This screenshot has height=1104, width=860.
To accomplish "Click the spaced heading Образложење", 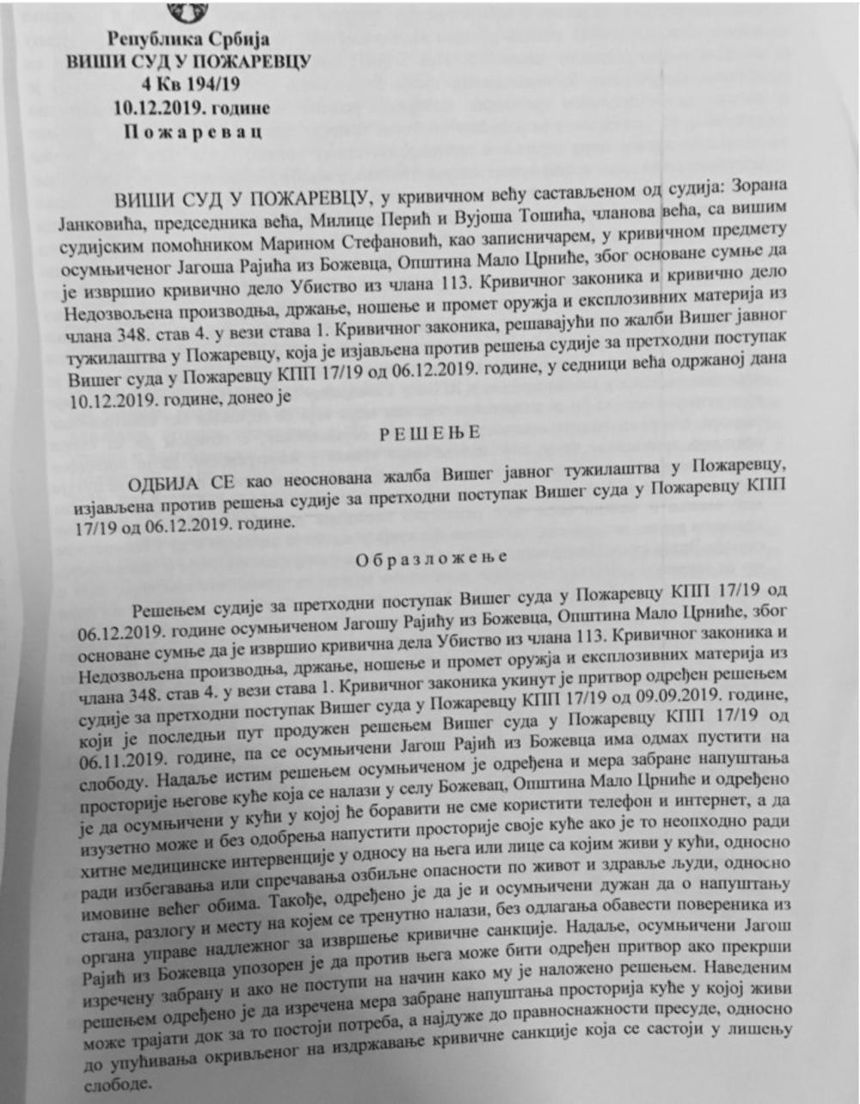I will click(427, 557).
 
